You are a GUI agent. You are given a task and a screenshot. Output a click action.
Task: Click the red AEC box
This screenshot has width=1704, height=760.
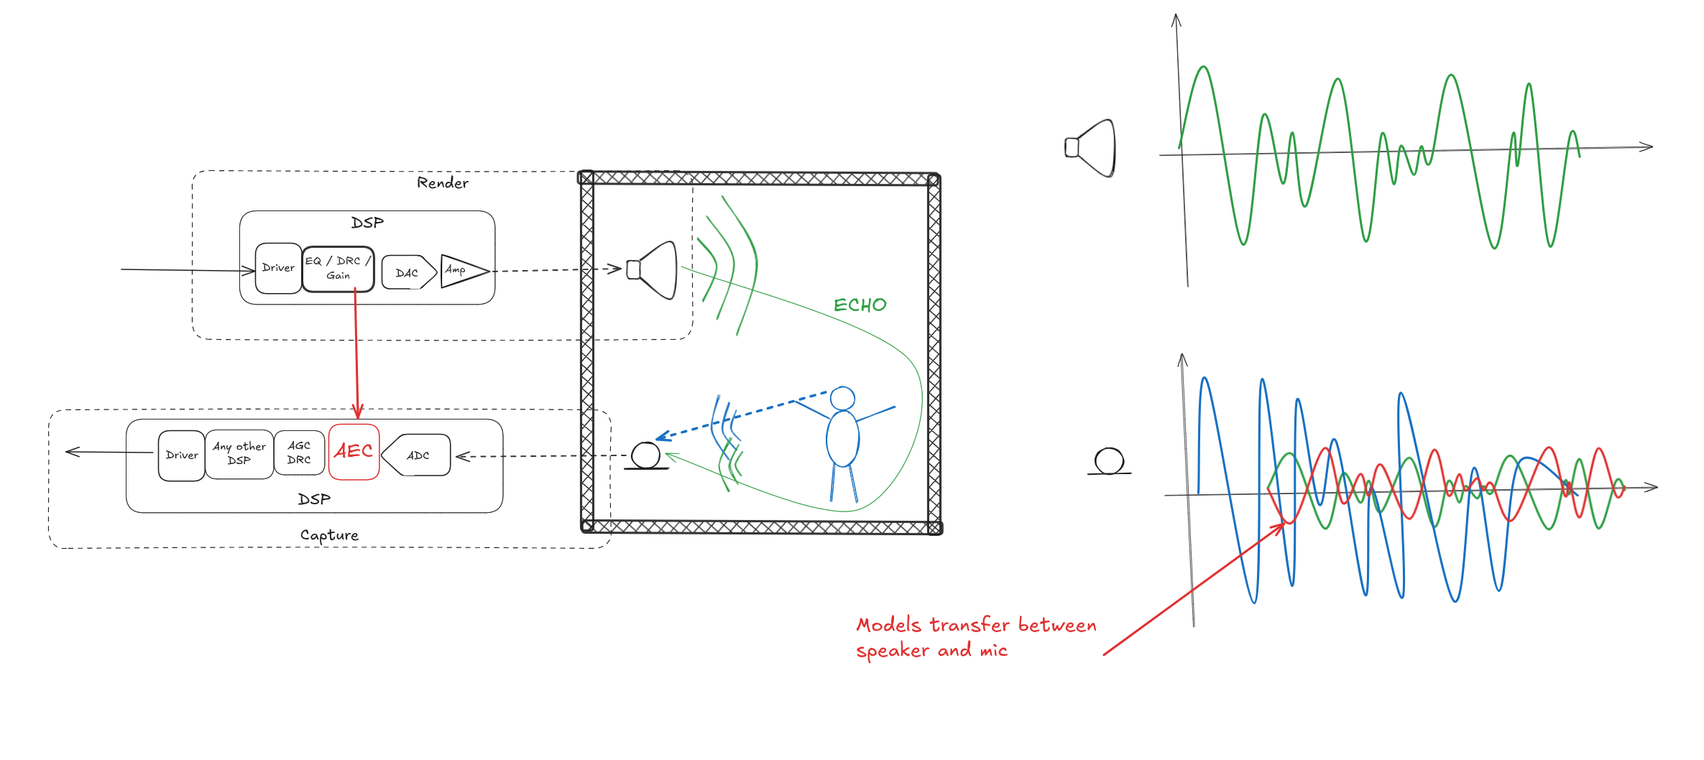(x=354, y=452)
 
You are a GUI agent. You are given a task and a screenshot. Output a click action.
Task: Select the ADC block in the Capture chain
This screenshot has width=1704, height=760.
(x=417, y=455)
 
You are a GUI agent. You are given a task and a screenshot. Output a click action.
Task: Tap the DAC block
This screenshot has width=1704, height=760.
(x=407, y=273)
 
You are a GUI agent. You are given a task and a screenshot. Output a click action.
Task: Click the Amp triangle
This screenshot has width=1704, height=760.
(x=461, y=271)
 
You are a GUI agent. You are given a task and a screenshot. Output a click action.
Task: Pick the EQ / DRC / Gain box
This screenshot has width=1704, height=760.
(x=338, y=269)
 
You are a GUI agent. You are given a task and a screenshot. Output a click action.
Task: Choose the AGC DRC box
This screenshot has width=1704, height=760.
(x=299, y=453)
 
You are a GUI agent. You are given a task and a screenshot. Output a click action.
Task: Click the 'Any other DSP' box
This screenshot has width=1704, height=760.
(x=239, y=454)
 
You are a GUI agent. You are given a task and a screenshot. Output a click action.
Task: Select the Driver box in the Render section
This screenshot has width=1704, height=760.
(x=278, y=268)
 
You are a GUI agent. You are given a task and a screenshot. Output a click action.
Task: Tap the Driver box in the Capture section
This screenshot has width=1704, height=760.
(x=181, y=455)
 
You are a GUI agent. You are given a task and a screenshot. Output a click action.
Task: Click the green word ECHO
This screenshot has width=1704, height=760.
(x=860, y=305)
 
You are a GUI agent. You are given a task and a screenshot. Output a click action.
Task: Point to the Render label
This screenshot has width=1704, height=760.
(x=442, y=183)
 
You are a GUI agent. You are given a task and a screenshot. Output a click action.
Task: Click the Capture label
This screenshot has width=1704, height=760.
(x=329, y=535)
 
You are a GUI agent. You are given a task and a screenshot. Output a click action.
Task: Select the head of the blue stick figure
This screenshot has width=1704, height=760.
(x=842, y=398)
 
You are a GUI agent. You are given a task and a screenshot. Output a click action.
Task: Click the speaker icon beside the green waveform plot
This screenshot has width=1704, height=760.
(x=1091, y=148)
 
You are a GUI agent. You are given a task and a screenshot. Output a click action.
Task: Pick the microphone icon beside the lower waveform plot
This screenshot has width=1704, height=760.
(x=1109, y=461)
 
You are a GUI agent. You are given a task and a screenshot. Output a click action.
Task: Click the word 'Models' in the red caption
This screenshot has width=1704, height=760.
(x=888, y=625)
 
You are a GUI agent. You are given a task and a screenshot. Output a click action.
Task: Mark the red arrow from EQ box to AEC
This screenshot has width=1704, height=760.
(x=356, y=352)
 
